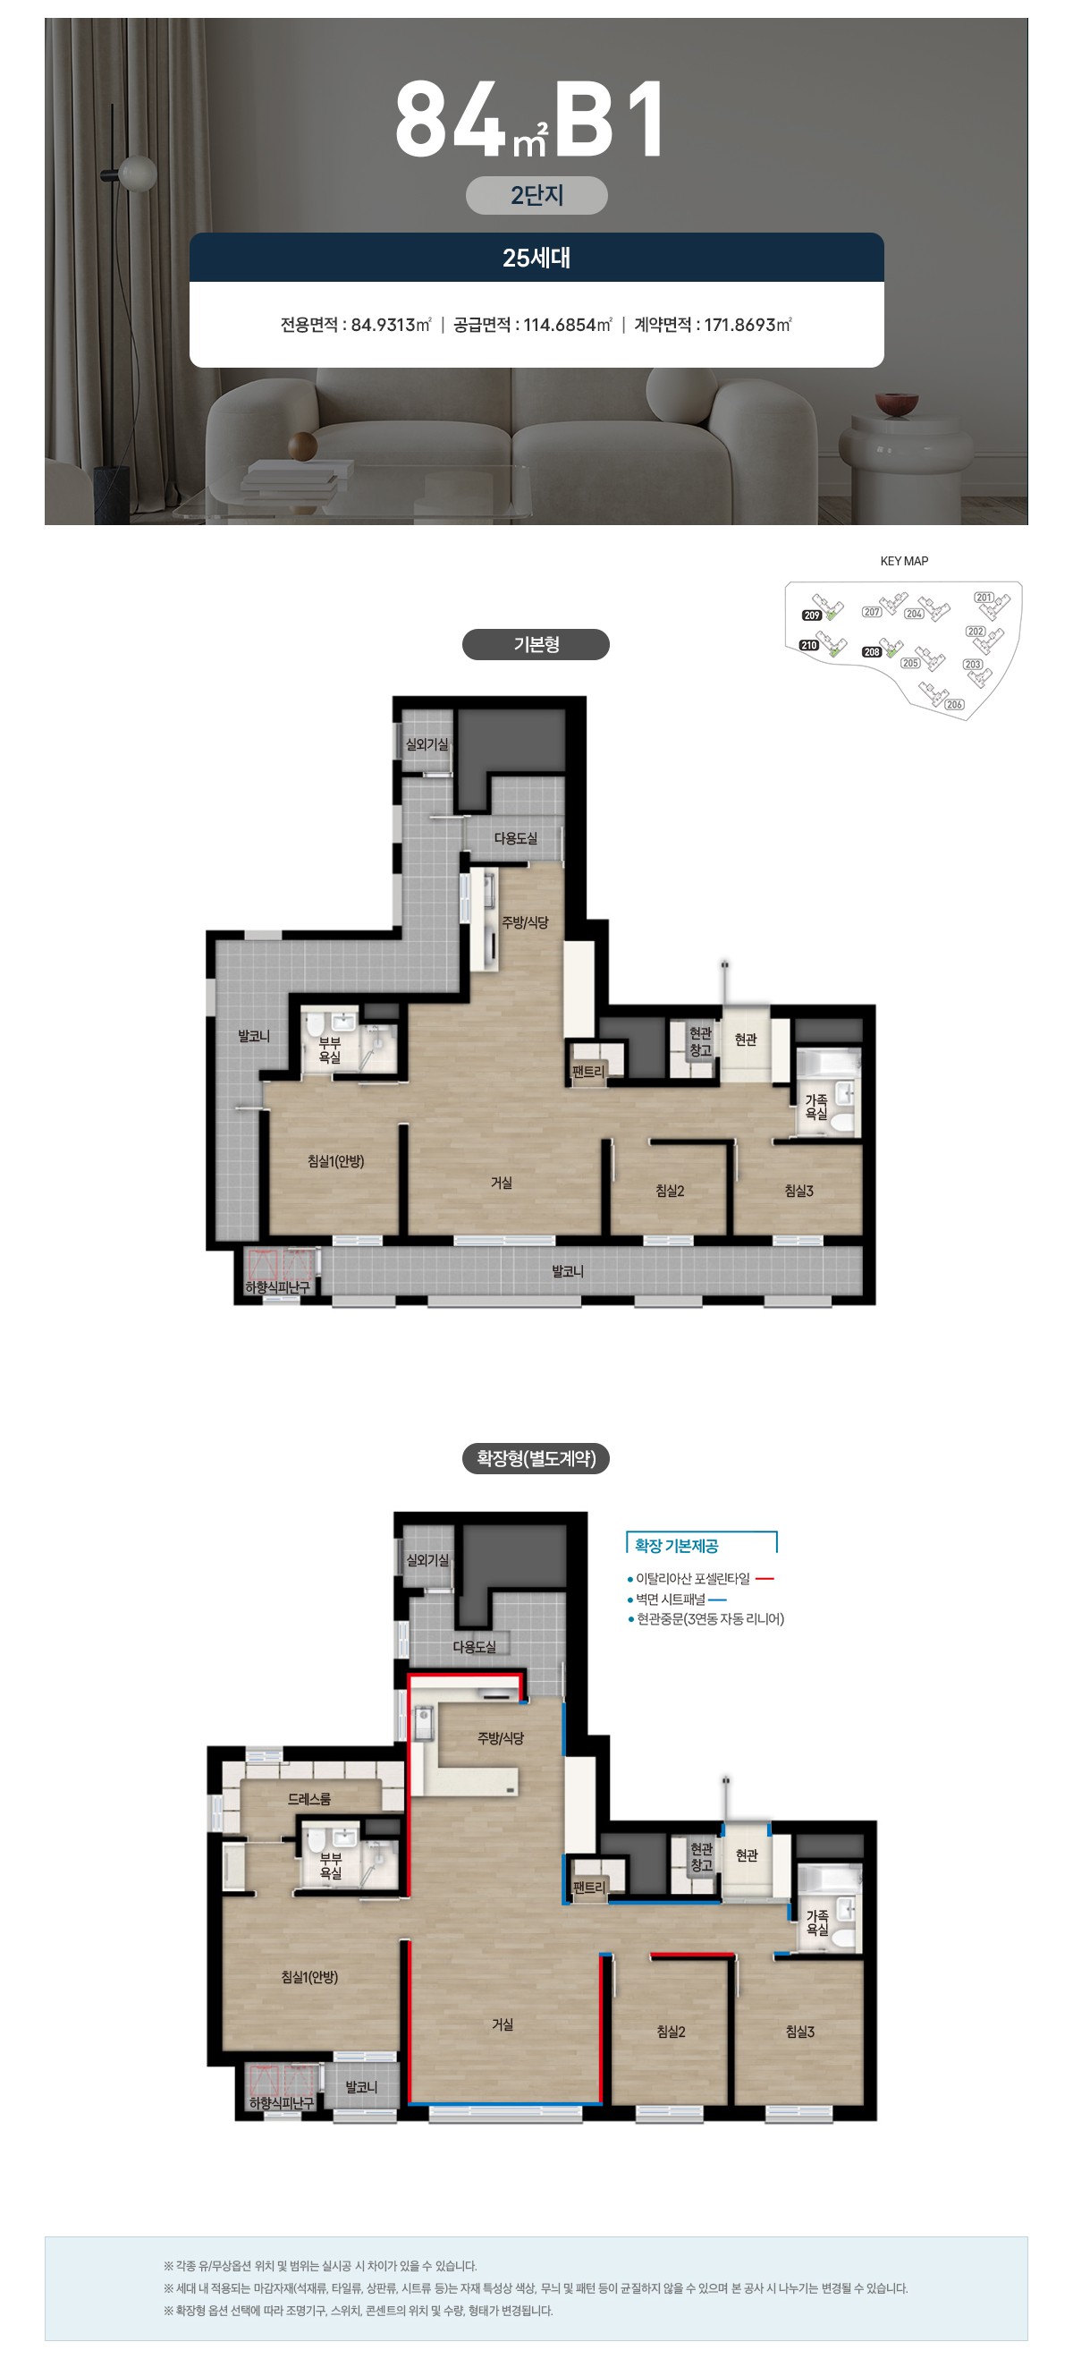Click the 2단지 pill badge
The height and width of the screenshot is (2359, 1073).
(x=536, y=195)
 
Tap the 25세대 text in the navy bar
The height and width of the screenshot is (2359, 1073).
(x=536, y=259)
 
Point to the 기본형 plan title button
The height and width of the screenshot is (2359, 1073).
(x=536, y=645)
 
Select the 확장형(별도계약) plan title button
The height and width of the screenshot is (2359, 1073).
(x=536, y=1459)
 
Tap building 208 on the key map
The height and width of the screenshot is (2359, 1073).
(x=881, y=650)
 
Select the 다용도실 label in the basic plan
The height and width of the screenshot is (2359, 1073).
(x=515, y=838)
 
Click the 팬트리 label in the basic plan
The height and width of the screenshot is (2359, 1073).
(x=587, y=1072)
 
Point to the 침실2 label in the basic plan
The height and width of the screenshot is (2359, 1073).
(x=669, y=1191)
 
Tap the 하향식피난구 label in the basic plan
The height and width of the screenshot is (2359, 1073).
(x=277, y=1287)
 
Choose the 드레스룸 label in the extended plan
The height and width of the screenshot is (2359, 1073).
(x=309, y=1800)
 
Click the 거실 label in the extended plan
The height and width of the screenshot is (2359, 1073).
(x=503, y=2024)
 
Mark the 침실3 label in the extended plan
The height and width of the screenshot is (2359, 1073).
(x=799, y=2032)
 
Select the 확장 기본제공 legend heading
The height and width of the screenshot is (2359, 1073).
(x=677, y=1546)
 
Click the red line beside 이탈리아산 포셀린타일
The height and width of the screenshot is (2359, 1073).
(x=765, y=1579)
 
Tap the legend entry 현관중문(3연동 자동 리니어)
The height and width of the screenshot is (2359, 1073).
(x=705, y=1619)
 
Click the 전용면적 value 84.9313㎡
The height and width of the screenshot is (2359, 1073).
(x=391, y=325)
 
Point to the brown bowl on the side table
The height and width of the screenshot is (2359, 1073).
(x=896, y=404)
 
